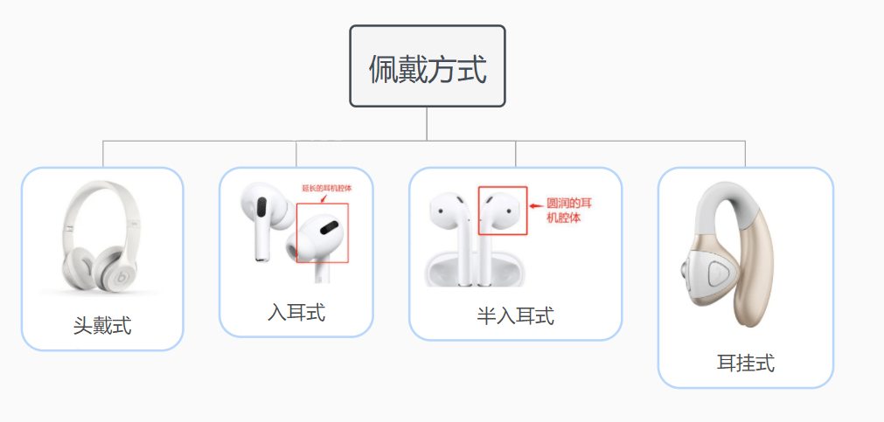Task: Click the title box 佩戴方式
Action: click(x=428, y=66)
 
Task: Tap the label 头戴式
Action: click(x=102, y=326)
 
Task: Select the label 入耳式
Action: click(x=296, y=312)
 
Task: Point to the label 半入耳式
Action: click(x=515, y=315)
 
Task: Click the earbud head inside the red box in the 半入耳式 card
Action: click(x=501, y=210)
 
